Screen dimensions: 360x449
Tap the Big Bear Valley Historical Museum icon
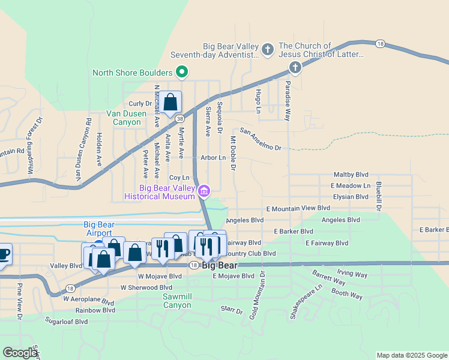pyautogui.click(x=205, y=191)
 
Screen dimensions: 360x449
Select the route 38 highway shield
pyautogui.click(x=180, y=119)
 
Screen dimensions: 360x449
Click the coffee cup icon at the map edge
pyautogui.click(x=3, y=254)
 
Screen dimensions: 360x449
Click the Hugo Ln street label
pyautogui.click(x=258, y=101)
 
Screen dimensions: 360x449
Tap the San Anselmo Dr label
pyautogui.click(x=261, y=139)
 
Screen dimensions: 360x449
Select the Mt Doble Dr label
pyautogui.click(x=233, y=153)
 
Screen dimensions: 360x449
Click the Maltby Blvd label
pyautogui.click(x=351, y=175)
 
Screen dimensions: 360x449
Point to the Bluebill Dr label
pyautogui.click(x=379, y=196)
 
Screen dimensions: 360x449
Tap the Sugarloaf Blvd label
pyautogui.click(x=65, y=322)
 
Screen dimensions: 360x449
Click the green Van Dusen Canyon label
pyautogui.click(x=124, y=118)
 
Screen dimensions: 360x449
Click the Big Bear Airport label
pyautogui.click(x=98, y=229)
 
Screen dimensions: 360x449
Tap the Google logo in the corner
pyautogui.click(x=20, y=353)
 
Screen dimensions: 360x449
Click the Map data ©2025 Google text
pyautogui.click(x=412, y=355)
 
